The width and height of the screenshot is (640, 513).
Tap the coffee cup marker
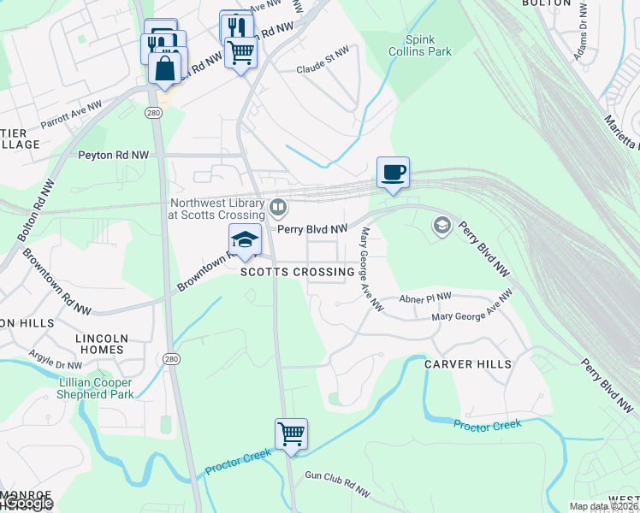pyautogui.click(x=393, y=173)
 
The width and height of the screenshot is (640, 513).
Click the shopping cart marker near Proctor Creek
pyautogui.click(x=291, y=434)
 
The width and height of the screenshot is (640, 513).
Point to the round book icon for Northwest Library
pyautogui.click(x=278, y=207)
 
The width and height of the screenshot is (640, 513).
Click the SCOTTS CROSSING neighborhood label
pyautogui.click(x=297, y=272)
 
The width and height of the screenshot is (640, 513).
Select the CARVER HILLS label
pyautogui.click(x=468, y=364)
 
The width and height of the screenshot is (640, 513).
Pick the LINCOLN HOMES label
pyautogui.click(x=111, y=344)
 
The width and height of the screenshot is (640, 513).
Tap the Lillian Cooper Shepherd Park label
pyautogui.click(x=96, y=388)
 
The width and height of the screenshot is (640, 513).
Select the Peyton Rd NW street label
pyautogui.click(x=113, y=156)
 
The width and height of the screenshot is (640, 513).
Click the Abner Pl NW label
pyautogui.click(x=425, y=298)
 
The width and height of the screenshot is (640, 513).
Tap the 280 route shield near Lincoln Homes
pyautogui.click(x=172, y=358)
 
